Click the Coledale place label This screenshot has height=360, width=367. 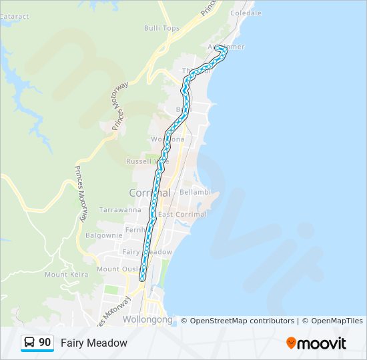click(246, 13)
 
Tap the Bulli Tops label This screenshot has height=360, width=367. click(161, 28)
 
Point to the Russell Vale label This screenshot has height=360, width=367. click(147, 161)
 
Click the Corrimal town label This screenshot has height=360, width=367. click(149, 192)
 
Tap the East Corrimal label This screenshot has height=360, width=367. click(182, 214)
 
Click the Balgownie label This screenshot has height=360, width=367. click(103, 235)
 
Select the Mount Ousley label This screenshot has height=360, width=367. click(117, 269)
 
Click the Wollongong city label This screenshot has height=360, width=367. click(147, 319)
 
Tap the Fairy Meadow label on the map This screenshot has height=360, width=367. click(147, 251)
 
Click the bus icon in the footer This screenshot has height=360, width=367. click(29, 343)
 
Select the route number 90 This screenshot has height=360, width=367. click(45, 343)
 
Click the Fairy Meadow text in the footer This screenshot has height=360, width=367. click(93, 343)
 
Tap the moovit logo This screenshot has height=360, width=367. click(316, 343)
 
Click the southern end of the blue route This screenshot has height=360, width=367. click(142, 278)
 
